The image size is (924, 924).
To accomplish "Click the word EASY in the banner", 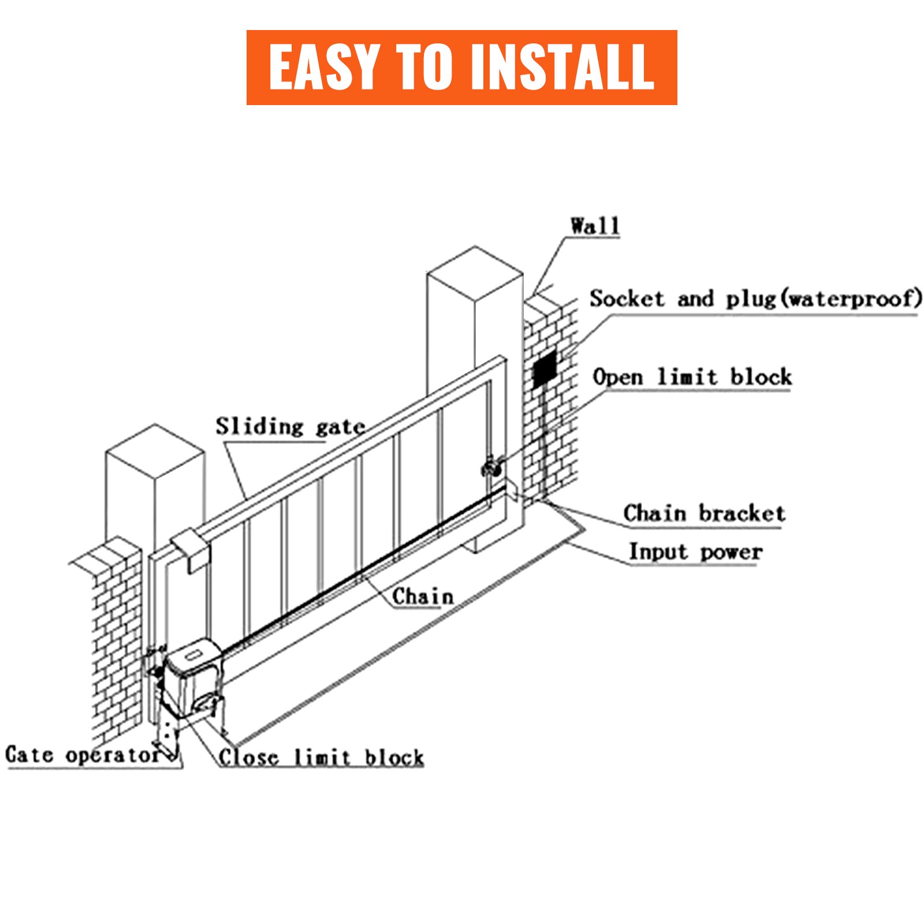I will (x=323, y=68).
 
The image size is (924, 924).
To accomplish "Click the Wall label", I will (x=595, y=226).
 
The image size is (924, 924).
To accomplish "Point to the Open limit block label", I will (x=692, y=377).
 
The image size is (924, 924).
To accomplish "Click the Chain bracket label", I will (x=704, y=513).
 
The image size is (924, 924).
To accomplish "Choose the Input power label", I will (x=695, y=552).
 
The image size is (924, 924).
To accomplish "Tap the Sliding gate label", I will (x=290, y=427).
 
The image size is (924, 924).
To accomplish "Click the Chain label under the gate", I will (x=423, y=597).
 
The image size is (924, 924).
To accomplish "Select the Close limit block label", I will (x=321, y=757).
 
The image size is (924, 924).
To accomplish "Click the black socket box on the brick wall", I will (x=545, y=367).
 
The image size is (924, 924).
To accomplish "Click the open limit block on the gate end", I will (x=492, y=467).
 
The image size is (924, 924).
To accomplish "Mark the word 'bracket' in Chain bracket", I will (x=742, y=513).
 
